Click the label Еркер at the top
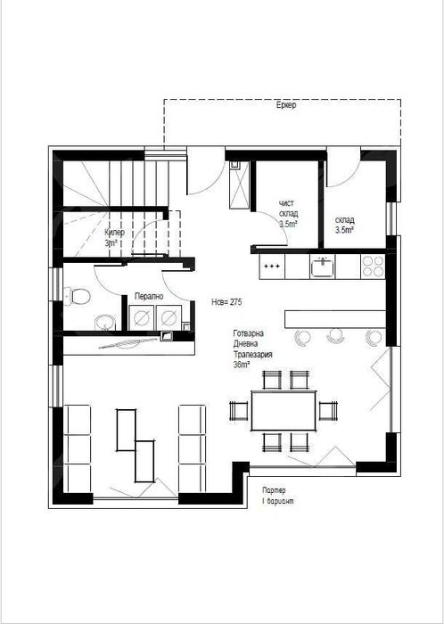(x=285, y=105)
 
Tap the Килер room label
(x=114, y=233)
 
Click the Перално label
(x=148, y=293)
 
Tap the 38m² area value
(x=241, y=365)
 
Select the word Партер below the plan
(x=274, y=491)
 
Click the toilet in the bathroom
(x=80, y=296)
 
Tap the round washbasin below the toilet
(x=105, y=321)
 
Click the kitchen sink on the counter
(x=322, y=265)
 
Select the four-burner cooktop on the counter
(x=373, y=265)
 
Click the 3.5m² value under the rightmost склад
(x=345, y=230)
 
